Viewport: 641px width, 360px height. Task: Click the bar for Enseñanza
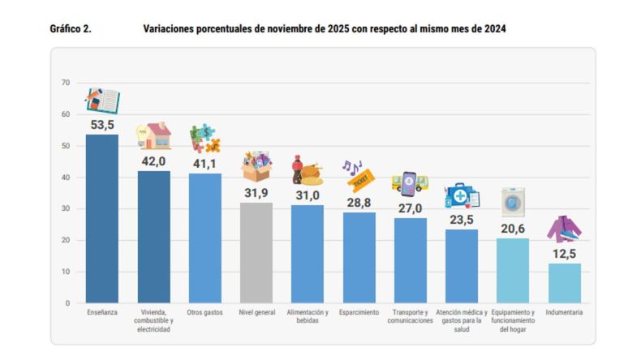(x=101, y=219)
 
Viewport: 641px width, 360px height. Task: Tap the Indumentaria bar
(x=564, y=283)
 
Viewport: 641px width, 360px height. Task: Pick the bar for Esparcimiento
(x=359, y=258)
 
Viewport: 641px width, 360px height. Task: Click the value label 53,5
(x=101, y=124)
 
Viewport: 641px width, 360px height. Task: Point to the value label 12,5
(x=564, y=254)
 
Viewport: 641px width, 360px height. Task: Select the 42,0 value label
(x=153, y=161)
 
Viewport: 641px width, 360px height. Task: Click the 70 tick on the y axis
(x=66, y=83)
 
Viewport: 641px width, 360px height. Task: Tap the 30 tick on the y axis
(x=66, y=209)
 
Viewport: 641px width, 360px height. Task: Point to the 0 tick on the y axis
(x=68, y=303)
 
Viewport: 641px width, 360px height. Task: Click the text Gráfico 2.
(x=71, y=28)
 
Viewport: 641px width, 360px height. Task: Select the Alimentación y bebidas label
(x=308, y=317)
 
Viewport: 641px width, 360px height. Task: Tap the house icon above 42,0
(x=153, y=135)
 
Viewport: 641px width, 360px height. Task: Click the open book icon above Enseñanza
(x=103, y=101)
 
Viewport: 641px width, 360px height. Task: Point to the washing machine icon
(x=513, y=202)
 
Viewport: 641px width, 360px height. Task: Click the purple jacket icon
(x=564, y=229)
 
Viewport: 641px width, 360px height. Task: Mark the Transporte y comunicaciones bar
(x=411, y=260)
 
